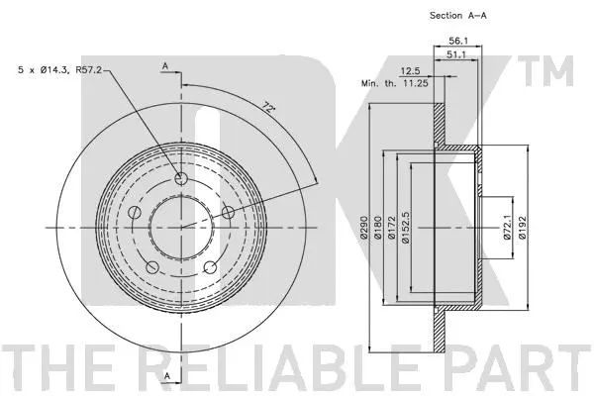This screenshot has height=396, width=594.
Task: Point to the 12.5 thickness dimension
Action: click(x=410, y=71)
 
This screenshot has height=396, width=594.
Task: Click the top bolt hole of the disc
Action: click(x=180, y=179)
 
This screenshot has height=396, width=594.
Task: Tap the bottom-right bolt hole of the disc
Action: click(x=210, y=266)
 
